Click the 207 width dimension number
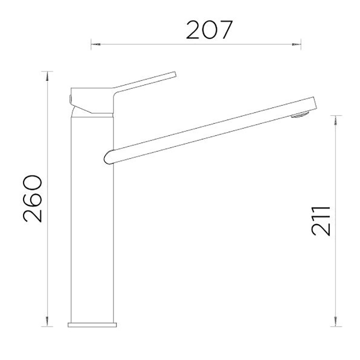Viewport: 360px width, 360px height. tap(209, 30)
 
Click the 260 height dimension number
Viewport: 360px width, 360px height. tap(32, 198)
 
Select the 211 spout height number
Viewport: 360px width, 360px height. tap(321, 221)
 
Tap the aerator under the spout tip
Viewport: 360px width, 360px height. tap(300, 115)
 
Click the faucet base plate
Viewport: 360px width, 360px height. tap(92, 324)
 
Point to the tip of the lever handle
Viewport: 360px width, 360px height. tap(175, 74)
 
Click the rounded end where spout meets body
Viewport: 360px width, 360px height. tap(107, 157)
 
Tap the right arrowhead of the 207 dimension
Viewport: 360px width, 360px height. tap(297, 45)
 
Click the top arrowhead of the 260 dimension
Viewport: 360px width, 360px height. tap(47, 76)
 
